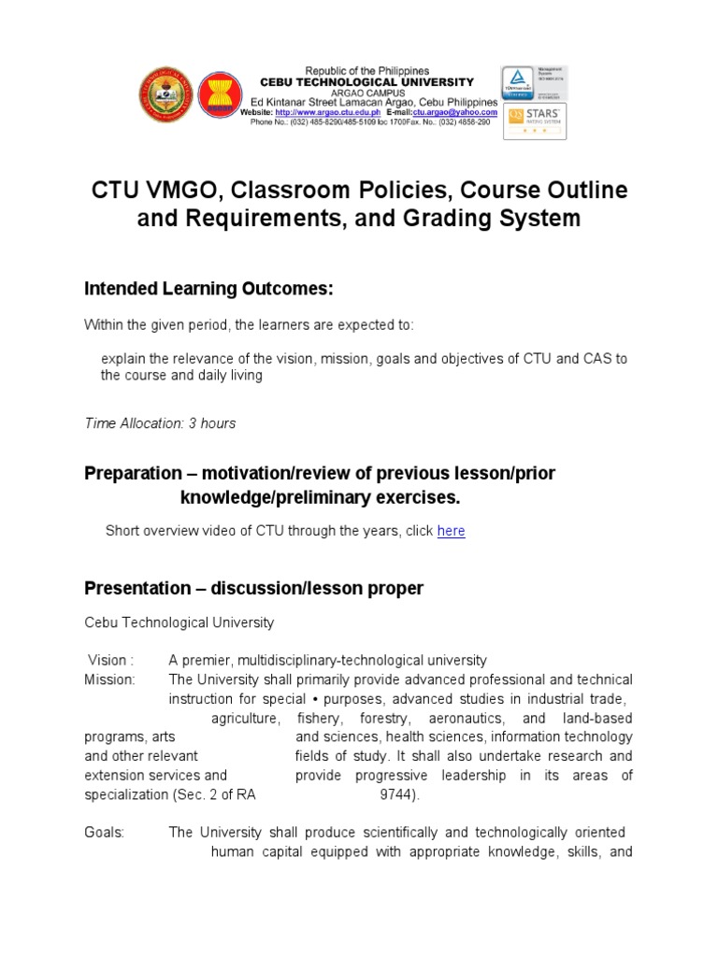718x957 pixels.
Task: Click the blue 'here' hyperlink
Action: pyautogui.click(x=451, y=531)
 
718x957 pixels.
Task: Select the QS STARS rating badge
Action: pyautogui.click(x=535, y=121)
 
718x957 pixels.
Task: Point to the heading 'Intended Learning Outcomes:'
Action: pyautogui.click(x=208, y=290)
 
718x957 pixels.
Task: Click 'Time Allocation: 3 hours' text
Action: pyautogui.click(x=160, y=423)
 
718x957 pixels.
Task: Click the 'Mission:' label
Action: pyautogui.click(x=109, y=678)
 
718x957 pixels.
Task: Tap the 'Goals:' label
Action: pyautogui.click(x=104, y=833)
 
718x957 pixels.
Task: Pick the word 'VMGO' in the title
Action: pyautogui.click(x=178, y=190)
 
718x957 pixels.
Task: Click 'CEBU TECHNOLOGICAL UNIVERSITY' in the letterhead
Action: pyautogui.click(x=366, y=82)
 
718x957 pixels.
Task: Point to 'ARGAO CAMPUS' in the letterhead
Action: pyautogui.click(x=367, y=93)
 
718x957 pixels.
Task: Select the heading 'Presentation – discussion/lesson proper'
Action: pyautogui.click(x=253, y=589)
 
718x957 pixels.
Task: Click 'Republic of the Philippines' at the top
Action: pyautogui.click(x=367, y=71)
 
